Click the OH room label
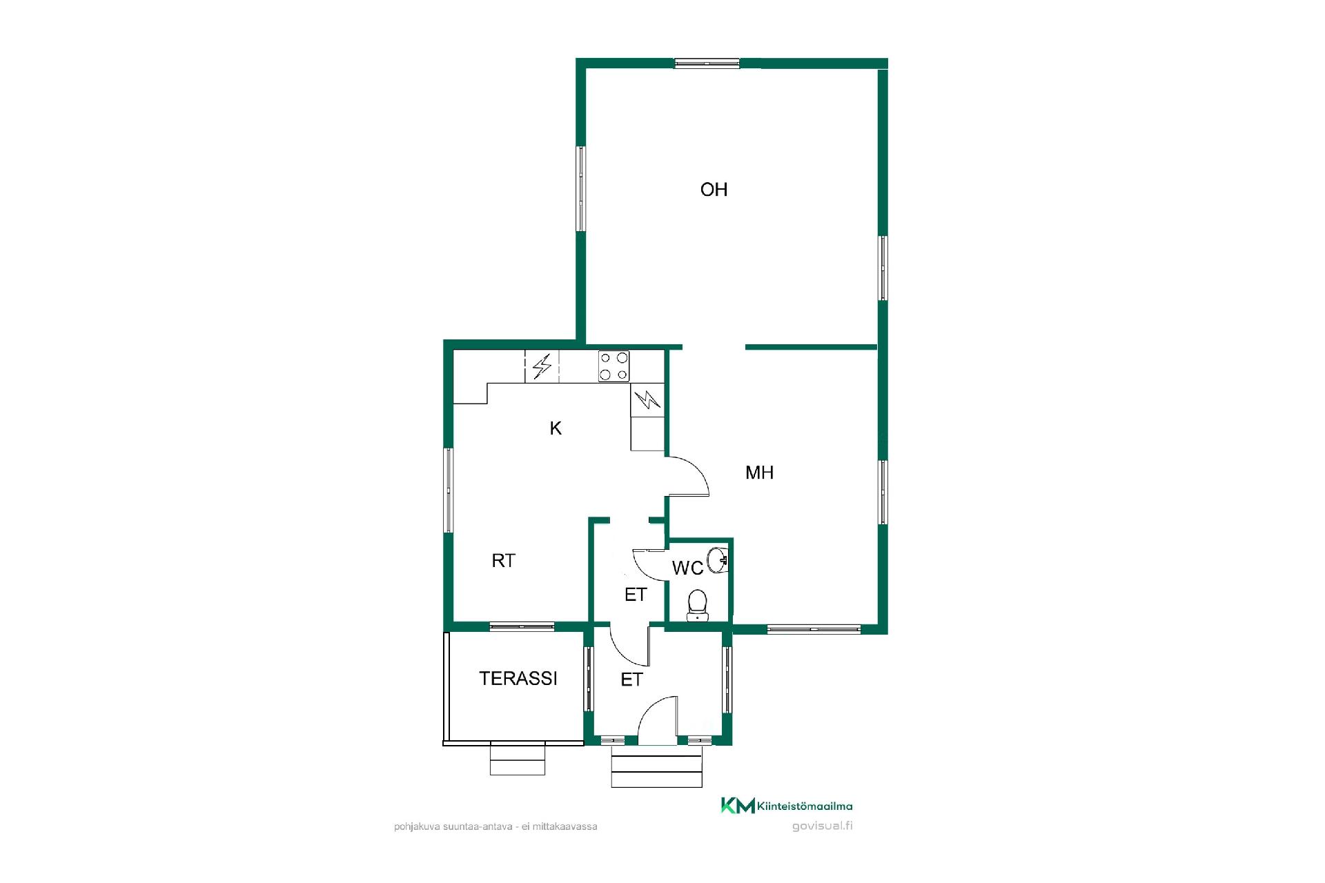click(714, 190)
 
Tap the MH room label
click(759, 473)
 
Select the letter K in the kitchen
click(556, 428)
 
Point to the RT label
click(503, 561)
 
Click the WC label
click(687, 568)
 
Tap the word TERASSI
click(518, 679)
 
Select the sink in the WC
click(719, 559)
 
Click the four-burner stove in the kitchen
click(614, 366)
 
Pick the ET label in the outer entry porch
click(631, 680)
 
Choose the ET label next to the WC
click(636, 595)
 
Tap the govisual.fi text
click(822, 826)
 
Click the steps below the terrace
click(518, 760)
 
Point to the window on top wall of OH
click(707, 63)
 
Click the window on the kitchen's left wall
click(449, 490)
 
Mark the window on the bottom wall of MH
click(814, 628)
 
